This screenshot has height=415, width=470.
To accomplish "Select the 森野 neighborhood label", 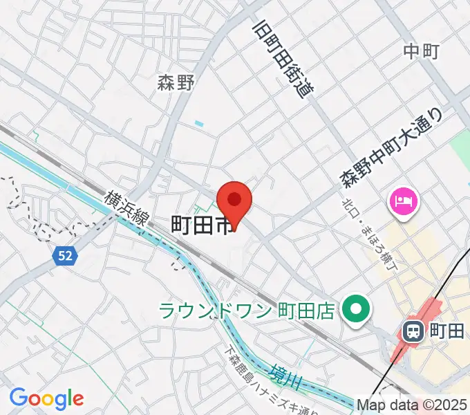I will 176,83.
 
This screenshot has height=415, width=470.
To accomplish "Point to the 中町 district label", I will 422,50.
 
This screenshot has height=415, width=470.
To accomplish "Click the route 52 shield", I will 64,256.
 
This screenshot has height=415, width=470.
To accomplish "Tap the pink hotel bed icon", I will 402,202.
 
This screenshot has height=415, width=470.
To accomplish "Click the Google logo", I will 46,399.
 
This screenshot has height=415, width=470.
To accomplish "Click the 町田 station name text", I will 446,331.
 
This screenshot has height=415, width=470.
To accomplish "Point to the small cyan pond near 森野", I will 199,123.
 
